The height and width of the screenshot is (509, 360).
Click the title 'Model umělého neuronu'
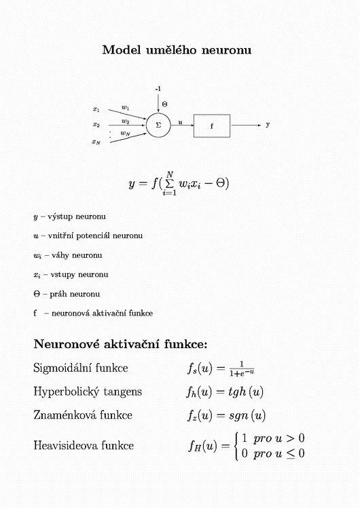177,50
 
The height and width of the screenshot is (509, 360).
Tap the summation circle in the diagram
158,113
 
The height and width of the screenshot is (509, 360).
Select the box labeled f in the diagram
212,115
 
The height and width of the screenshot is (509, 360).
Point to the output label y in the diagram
268,125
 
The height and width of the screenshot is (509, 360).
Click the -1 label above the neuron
158,89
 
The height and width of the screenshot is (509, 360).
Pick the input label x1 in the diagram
96,109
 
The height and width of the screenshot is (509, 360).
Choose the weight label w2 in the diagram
126,121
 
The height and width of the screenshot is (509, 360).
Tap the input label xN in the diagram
96,142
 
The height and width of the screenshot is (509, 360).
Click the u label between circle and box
180,122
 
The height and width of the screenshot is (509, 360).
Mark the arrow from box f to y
246,125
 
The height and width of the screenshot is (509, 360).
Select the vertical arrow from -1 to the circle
158,103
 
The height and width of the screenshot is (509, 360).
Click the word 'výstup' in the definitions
60,217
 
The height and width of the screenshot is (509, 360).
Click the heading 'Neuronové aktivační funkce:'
120,344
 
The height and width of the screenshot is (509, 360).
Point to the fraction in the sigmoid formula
242,369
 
